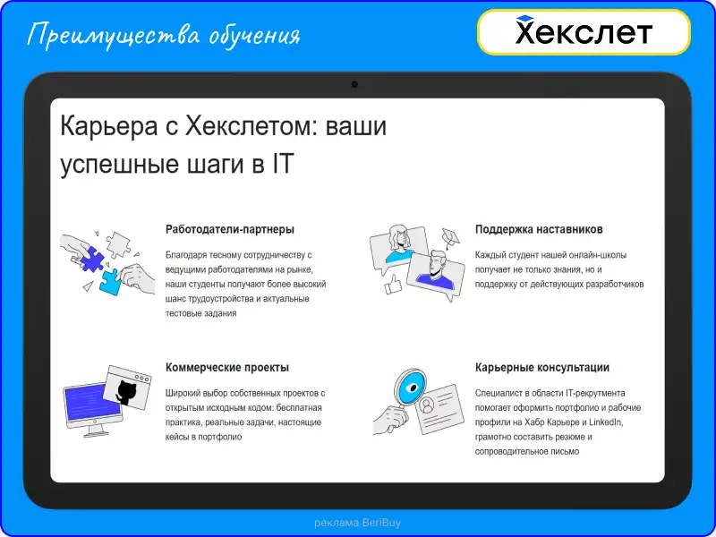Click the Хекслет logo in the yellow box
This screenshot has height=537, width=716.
[584, 32]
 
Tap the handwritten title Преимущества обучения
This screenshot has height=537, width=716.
[163, 35]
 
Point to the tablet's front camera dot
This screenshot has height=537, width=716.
[354, 84]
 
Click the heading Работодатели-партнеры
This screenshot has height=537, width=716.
[230, 229]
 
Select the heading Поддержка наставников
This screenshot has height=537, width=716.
[539, 229]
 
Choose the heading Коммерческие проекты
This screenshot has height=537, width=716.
[227, 368]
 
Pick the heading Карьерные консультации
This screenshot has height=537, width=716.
[542, 368]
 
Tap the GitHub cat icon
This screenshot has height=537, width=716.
[126, 391]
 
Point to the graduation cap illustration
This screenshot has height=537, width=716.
[448, 235]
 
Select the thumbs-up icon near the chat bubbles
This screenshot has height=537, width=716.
[391, 287]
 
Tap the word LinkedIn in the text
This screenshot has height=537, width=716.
[605, 422]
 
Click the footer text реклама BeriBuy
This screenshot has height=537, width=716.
[358, 523]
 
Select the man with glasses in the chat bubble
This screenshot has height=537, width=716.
[435, 266]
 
